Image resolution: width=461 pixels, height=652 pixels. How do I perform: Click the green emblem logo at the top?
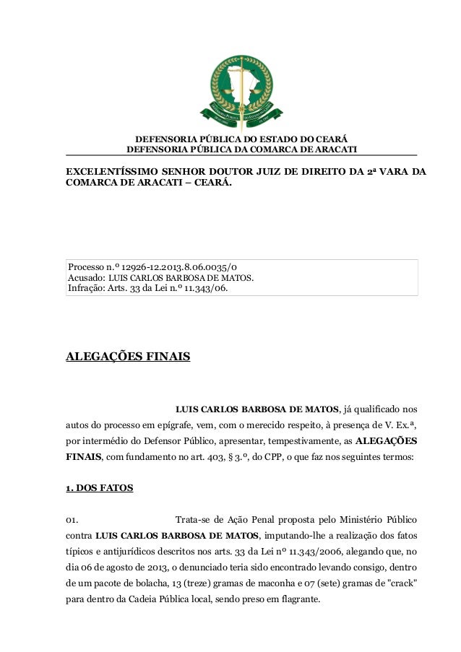(241, 90)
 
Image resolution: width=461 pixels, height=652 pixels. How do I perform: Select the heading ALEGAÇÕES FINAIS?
(128, 356)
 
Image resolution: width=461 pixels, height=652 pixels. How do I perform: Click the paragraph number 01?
(72, 520)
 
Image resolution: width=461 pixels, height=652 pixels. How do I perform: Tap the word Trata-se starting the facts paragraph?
(195, 520)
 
